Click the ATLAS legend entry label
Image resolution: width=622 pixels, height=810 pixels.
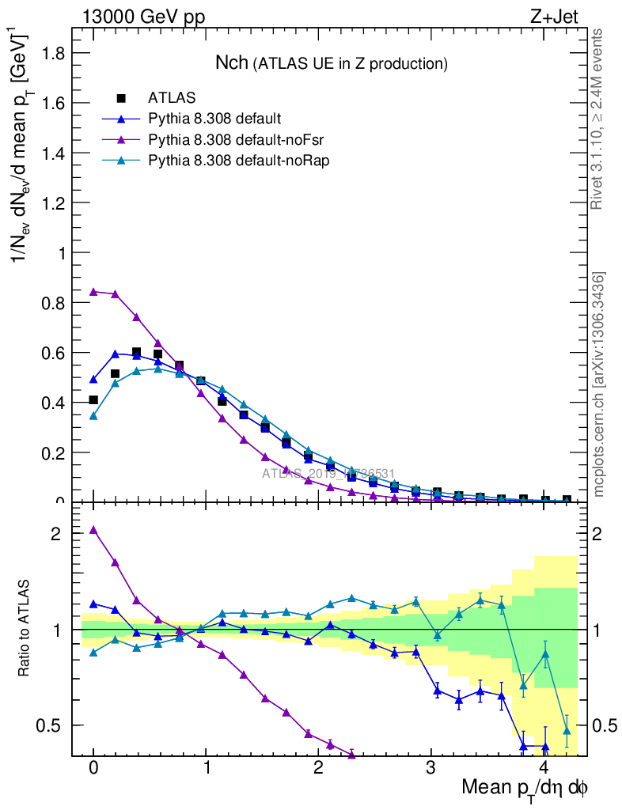[x=172, y=98]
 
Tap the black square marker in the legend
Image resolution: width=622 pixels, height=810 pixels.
[x=121, y=98]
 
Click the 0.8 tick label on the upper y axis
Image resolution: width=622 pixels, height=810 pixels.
[x=55, y=303]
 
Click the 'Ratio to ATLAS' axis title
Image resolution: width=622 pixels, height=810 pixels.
[x=25, y=628]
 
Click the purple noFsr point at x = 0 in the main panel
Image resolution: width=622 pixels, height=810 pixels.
[x=93, y=291]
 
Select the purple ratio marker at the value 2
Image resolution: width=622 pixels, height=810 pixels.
[x=93, y=530]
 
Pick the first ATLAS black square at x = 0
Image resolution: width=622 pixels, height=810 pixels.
[x=93, y=400]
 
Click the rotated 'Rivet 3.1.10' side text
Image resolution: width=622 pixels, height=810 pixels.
[x=598, y=119]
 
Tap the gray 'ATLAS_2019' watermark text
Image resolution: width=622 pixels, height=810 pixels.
[x=328, y=474]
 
